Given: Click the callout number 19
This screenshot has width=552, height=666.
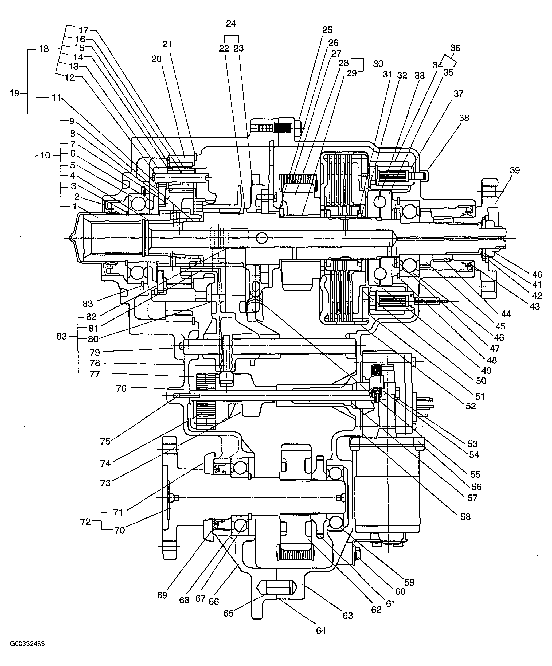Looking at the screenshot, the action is [15, 93].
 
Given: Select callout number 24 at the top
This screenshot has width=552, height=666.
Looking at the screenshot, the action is [231, 24].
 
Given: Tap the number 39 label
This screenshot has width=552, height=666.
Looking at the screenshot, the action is [515, 170].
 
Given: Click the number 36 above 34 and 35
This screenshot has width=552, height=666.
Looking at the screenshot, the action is [455, 48].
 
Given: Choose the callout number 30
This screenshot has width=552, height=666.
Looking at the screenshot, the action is [378, 64].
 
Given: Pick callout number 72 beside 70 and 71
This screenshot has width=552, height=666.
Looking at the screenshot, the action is [86, 522].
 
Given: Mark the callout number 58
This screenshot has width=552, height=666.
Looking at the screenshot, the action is [465, 517].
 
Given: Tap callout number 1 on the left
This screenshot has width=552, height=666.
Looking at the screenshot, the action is [74, 207].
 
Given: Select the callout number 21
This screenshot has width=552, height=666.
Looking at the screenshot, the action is [167, 44].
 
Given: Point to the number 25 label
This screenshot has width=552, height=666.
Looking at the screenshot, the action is [327, 30].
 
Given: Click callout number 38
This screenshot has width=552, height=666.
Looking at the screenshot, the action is [464, 118].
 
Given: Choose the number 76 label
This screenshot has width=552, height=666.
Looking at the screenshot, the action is [121, 388].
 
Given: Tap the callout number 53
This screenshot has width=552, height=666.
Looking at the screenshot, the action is [472, 444].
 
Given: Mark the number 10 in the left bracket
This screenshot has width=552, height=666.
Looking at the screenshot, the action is [45, 155].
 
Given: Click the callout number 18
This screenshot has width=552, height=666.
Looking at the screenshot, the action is [44, 49].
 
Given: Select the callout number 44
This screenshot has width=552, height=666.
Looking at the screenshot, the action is [506, 314].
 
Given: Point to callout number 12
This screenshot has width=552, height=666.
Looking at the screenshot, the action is [69, 77].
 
